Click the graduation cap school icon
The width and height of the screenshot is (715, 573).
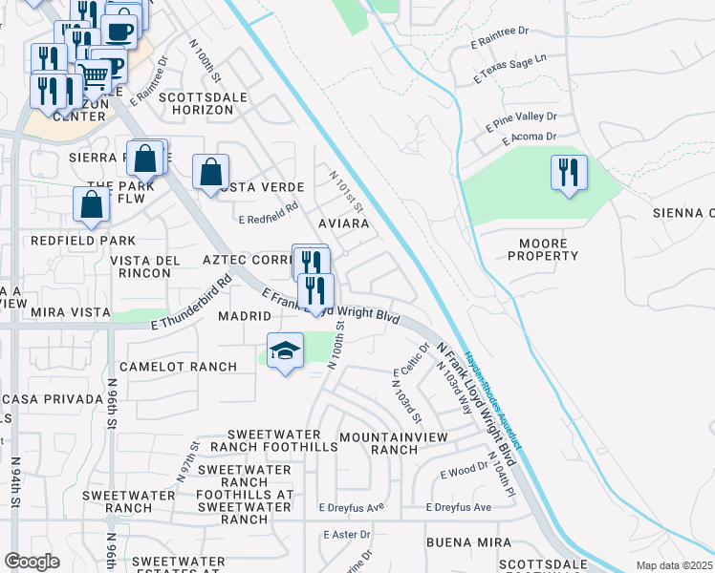[x=285, y=351]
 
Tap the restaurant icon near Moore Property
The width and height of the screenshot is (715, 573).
[x=569, y=173]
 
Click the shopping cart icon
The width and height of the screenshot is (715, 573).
[x=94, y=74]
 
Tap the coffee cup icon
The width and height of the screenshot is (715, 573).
[x=119, y=32]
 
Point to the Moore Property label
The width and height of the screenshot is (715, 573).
[x=543, y=249]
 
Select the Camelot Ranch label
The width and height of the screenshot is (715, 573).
[x=178, y=367]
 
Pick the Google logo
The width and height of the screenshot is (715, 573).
[x=32, y=562]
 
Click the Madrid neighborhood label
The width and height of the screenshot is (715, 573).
[x=240, y=316]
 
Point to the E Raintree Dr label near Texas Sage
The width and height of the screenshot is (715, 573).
[x=500, y=38]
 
